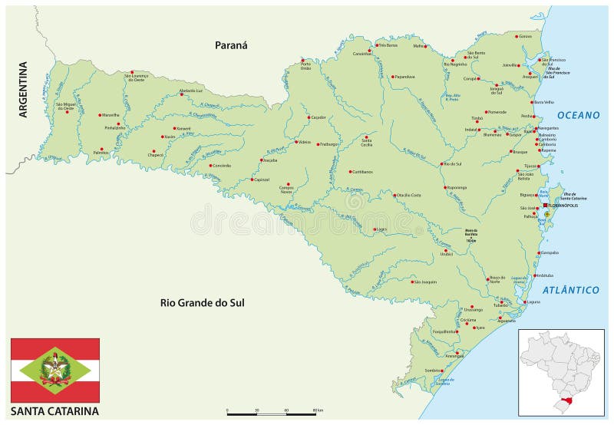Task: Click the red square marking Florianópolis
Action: [x=546, y=206]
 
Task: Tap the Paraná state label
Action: [x=231, y=45]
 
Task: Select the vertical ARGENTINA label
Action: [x=23, y=89]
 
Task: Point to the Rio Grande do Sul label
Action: [x=202, y=302]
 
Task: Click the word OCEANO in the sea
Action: [x=578, y=115]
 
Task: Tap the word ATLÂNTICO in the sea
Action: [x=570, y=290]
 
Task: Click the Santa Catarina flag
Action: [x=54, y=370]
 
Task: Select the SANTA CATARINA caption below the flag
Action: [x=54, y=410]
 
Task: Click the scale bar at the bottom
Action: [x=271, y=413]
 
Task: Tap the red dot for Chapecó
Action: [x=153, y=151]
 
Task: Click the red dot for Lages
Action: [x=374, y=229]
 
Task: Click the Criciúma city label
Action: [x=469, y=320]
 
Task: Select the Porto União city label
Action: [x=305, y=67]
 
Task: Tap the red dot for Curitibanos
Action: [x=350, y=172]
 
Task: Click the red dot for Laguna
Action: [x=527, y=301]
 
